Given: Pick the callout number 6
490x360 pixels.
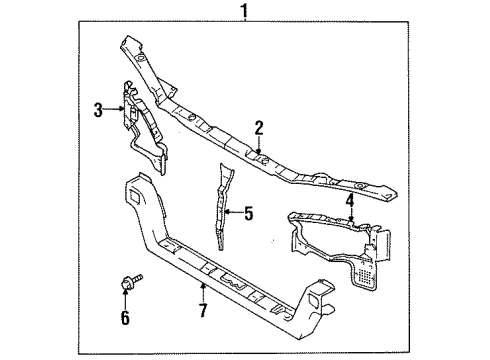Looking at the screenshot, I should click(x=126, y=318).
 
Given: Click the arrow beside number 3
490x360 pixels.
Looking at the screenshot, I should click(x=116, y=111).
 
